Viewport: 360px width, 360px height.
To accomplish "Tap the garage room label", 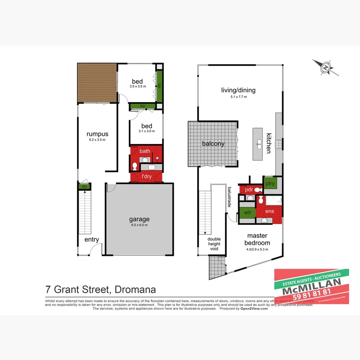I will [x=139, y=219].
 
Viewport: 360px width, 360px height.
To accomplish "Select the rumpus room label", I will [x=97, y=134].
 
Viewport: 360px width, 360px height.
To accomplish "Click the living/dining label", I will [x=238, y=90].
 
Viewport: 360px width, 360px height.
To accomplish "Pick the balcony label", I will [x=213, y=144].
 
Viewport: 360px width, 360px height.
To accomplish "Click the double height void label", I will [x=214, y=244].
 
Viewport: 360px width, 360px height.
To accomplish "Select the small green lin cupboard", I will [x=84, y=186].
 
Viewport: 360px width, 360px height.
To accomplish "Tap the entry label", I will [x=92, y=240].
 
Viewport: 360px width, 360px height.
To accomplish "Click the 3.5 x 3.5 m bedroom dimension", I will [x=138, y=86].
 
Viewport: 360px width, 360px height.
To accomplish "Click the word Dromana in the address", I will [x=135, y=289].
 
